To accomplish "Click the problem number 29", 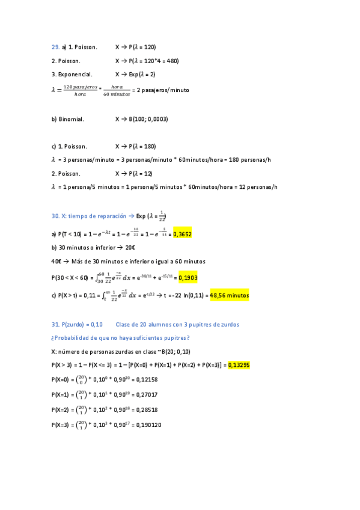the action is click(x=55, y=47).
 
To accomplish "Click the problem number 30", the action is click(x=55, y=216).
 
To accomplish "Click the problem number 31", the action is click(x=55, y=325).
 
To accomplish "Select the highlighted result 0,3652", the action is click(x=182, y=234).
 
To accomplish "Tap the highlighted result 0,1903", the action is click(x=188, y=277).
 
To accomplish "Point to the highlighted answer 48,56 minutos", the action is click(x=229, y=296).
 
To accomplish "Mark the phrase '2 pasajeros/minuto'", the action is click(x=163, y=90).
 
